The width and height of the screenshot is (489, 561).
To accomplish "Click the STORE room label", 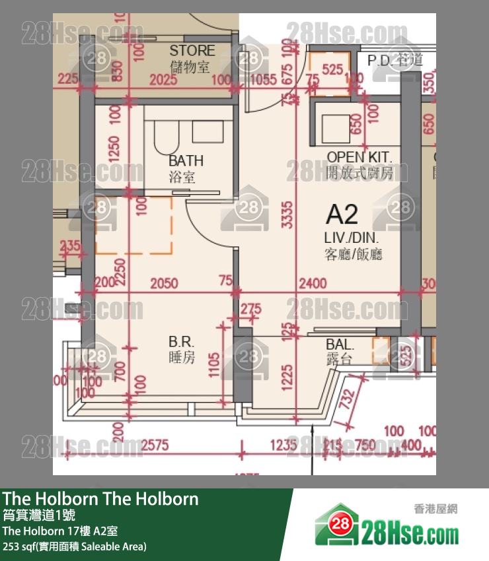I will pos(192,50).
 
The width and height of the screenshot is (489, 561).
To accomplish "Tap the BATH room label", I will pos(186,160).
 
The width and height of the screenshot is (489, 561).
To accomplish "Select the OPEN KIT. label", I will pos(359,157).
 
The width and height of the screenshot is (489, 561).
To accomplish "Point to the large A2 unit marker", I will pos(342,214).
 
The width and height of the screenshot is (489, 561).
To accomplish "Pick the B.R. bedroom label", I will pos(181,342).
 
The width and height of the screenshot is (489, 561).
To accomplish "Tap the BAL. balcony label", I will pos(340,345).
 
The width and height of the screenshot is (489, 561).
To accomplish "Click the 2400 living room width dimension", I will pos(313,283).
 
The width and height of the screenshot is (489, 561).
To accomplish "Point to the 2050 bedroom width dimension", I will pos(164,283).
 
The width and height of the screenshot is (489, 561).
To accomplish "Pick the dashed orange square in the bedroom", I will pos(133,226).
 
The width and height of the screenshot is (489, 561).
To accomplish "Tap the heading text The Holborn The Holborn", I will pos(100,498).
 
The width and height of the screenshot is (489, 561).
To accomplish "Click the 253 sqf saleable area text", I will pos(75,546).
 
